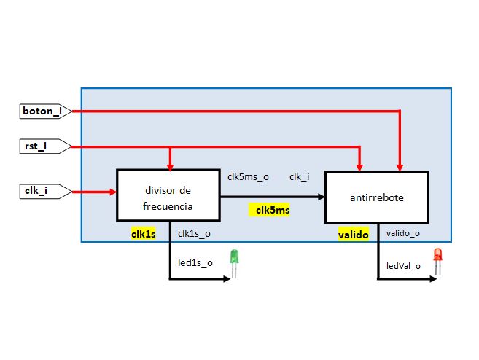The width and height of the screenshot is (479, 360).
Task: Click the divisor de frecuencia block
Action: pyautogui.click(x=168, y=195)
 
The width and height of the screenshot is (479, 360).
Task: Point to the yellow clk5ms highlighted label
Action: pyautogui.click(x=271, y=211)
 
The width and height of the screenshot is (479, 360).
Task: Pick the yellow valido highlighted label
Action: pyautogui.click(x=354, y=234)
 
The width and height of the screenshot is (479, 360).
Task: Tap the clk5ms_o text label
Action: pyautogui.click(x=248, y=177)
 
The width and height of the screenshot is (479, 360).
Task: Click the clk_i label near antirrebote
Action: pyautogui.click(x=299, y=177)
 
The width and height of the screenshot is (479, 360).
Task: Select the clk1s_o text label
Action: pyautogui.click(x=195, y=234)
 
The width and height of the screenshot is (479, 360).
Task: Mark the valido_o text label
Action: pyautogui.click(x=402, y=234)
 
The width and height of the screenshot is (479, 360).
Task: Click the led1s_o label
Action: pyautogui.click(x=195, y=262)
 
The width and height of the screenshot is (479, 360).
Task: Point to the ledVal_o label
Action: pyautogui.click(x=403, y=266)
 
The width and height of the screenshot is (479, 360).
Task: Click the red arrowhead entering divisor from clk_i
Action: pyautogui.click(x=113, y=192)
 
